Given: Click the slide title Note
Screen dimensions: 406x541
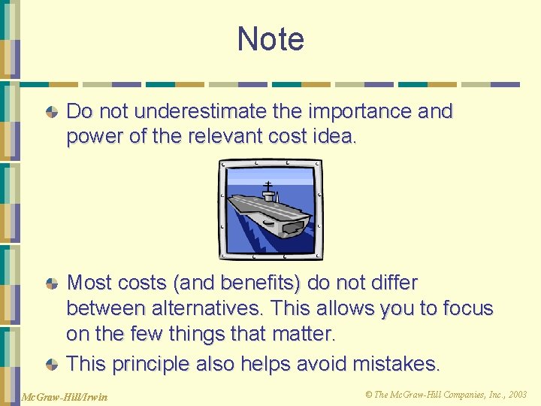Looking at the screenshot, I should pyautogui.click(x=270, y=39).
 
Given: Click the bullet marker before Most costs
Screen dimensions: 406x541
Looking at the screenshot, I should pyautogui.click(x=51, y=284).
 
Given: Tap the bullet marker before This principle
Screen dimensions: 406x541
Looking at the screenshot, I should pyautogui.click(x=51, y=365).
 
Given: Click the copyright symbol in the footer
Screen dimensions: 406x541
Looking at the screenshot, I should pyautogui.click(x=369, y=395).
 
